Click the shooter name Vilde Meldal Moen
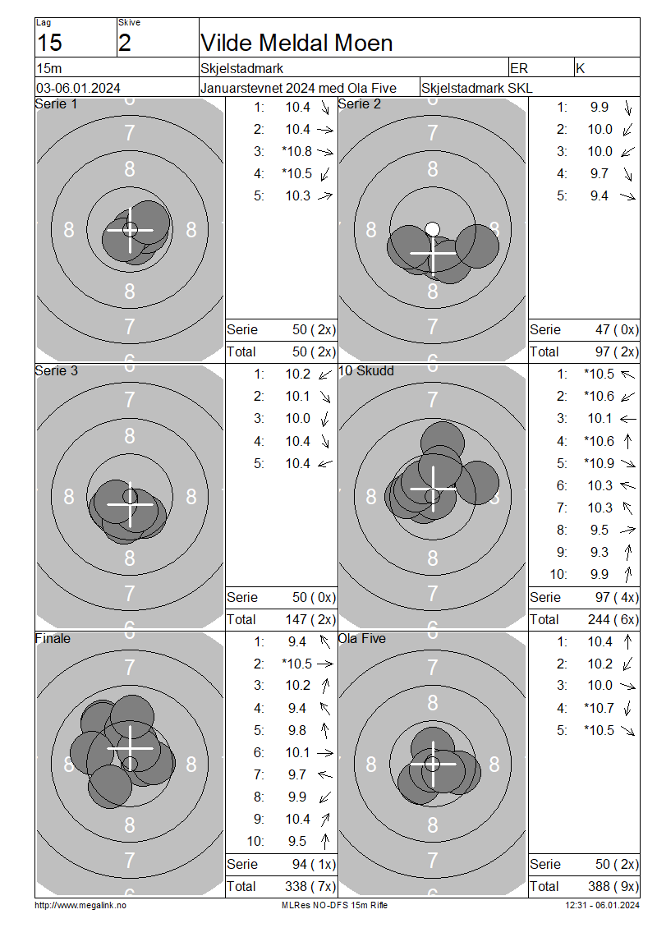(x=296, y=44)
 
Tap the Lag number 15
(x=49, y=44)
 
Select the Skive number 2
(x=124, y=44)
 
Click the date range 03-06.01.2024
(x=78, y=88)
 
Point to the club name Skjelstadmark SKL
(x=476, y=88)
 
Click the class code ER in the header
(x=518, y=68)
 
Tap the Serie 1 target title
(x=56, y=104)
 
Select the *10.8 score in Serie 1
(x=296, y=151)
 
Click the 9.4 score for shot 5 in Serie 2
(x=599, y=196)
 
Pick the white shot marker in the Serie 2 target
(x=433, y=229)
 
